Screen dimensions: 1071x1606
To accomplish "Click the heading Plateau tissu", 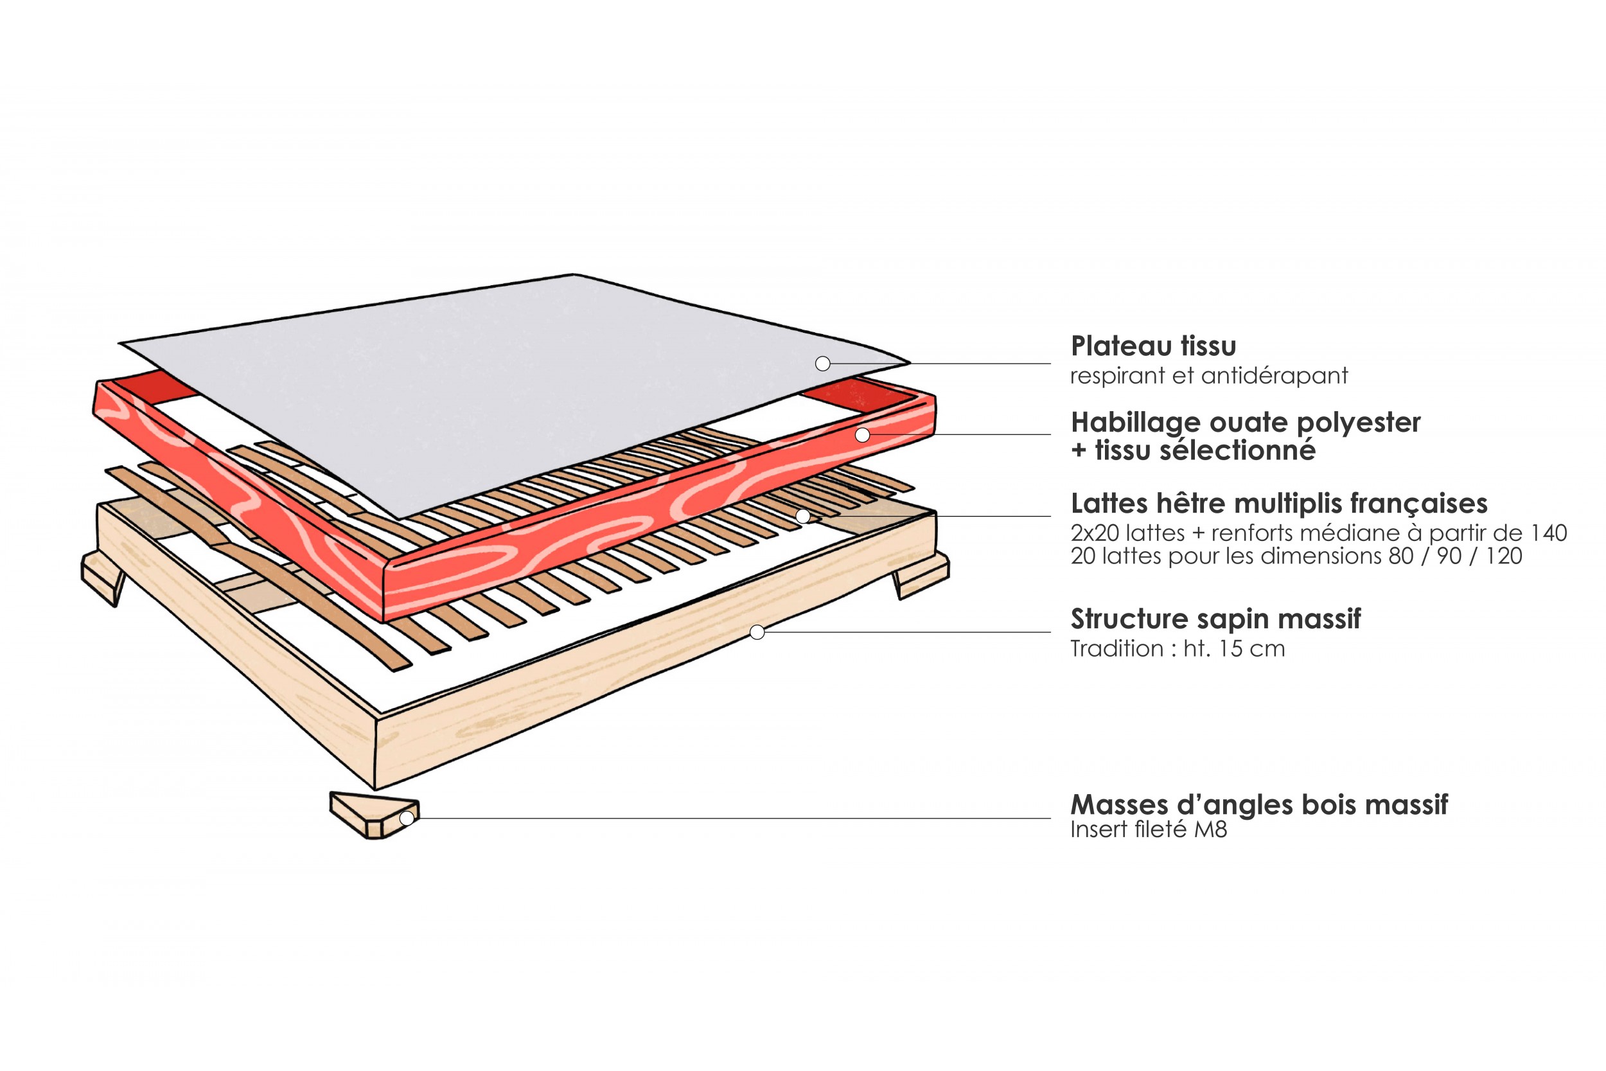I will pos(1152,346).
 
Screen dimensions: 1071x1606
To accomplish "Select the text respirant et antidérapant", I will pos(1208,376).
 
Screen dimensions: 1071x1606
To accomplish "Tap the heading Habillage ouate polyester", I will pos(1245,422).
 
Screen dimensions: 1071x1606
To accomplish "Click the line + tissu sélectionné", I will pos(1193,451).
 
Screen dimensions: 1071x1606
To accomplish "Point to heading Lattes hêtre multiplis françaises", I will pos(1278,504).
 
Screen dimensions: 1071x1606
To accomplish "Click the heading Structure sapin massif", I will pos(1215,619).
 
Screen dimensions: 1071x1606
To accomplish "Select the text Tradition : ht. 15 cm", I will pos(1177,648).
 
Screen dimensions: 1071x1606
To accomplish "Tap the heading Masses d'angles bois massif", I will pos(1258,804).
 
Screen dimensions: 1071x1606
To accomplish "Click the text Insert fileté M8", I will pos(1149,829).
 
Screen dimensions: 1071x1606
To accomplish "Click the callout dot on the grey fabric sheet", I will pos(823,364).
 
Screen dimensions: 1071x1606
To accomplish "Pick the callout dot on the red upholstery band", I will pos(862,434).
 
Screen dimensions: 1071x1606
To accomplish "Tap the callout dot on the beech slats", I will pos(803,517).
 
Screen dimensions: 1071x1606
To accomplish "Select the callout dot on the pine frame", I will pos(757,632).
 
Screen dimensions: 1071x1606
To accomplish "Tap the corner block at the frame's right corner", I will pos(922,576).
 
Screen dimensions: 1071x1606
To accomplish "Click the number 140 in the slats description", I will pos(1548,533).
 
